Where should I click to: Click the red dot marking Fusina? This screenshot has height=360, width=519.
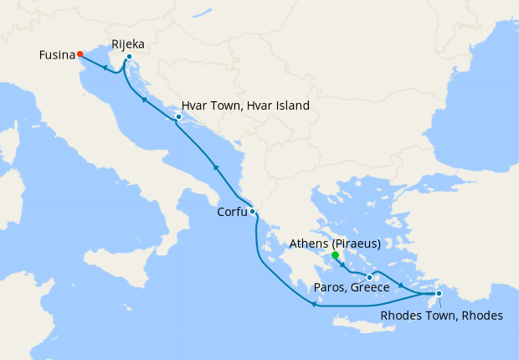[x=80, y=54]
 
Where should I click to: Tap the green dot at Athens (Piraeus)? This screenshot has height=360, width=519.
[x=334, y=255]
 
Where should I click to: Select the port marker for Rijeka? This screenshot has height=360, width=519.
[x=129, y=57]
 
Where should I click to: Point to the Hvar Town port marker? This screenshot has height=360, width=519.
[x=178, y=116]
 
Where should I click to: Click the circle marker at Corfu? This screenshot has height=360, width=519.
[x=252, y=212]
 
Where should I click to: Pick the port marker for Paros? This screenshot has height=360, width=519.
[x=369, y=277]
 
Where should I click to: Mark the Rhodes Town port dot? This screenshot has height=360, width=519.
[x=439, y=293]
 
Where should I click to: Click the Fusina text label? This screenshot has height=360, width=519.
[x=56, y=55]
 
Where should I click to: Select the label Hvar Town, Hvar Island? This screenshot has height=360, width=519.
[x=245, y=106]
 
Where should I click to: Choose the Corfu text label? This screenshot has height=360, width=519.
[x=232, y=213]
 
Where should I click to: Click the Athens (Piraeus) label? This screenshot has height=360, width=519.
[x=334, y=244]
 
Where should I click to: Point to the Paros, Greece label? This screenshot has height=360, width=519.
[x=352, y=288]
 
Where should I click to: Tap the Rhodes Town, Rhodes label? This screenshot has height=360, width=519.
[x=442, y=316]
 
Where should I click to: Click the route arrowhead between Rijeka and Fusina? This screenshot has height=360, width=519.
[x=105, y=68]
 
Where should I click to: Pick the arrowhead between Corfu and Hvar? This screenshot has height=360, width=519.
[x=215, y=167]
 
